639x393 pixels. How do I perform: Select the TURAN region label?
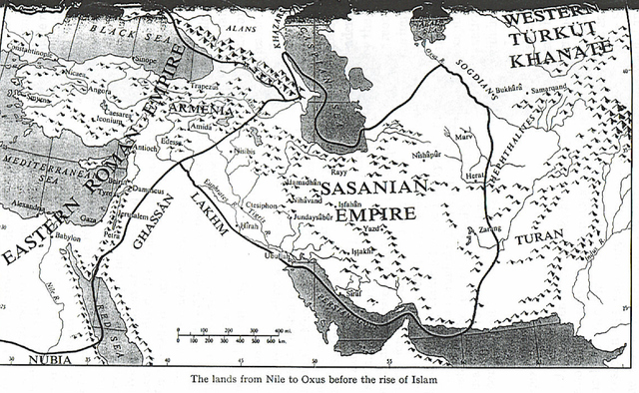click(x=540, y=236)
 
